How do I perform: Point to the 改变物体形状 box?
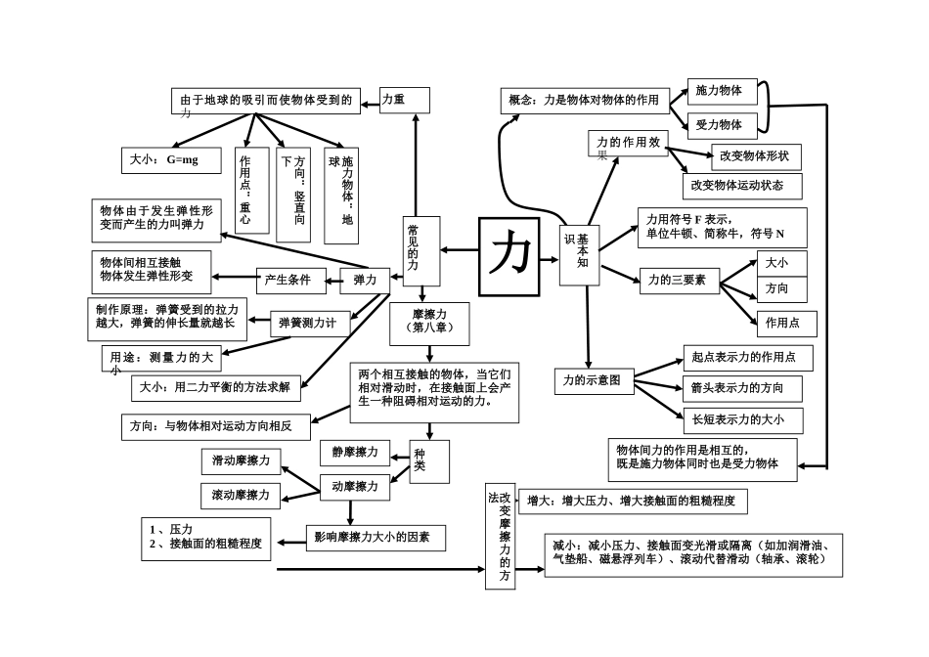tap(756, 155)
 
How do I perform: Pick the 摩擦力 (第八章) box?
tap(429, 323)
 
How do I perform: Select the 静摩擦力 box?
tap(355, 453)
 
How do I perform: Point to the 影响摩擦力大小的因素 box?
tap(373, 537)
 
